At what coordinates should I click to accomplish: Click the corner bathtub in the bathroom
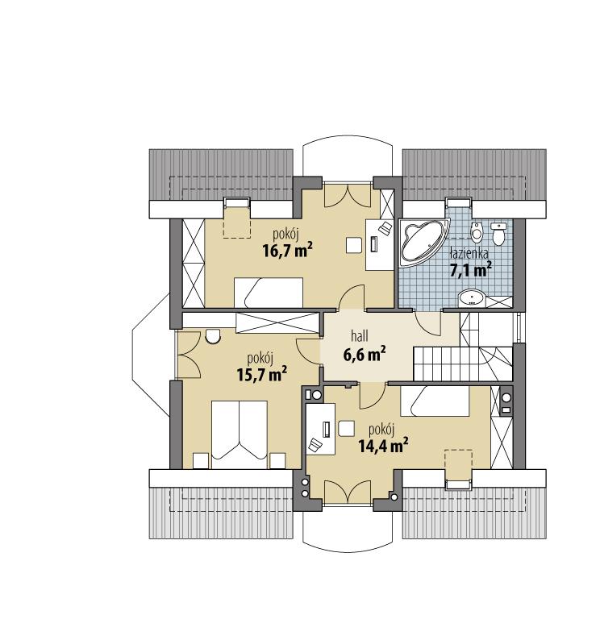pos(421,240)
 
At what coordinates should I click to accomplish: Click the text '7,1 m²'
pos(470,270)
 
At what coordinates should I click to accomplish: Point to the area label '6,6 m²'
pos(365,355)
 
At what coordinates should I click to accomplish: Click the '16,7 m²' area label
pos(287,250)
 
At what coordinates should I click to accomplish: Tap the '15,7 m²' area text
pos(262,374)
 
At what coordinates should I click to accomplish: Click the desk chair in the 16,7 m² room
pos(353,244)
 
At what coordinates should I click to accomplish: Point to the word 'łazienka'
pos(469,253)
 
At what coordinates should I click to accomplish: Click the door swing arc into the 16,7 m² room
pos(352,297)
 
